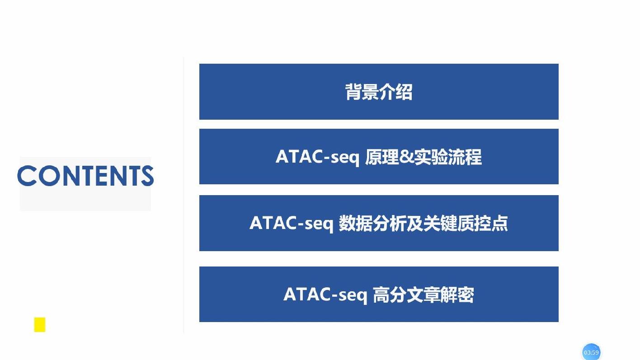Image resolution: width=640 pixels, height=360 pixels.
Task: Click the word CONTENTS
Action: tap(85, 176)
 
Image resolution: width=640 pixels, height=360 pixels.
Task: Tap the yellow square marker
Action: tap(40, 325)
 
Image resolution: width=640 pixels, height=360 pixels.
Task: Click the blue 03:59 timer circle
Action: tap(591, 352)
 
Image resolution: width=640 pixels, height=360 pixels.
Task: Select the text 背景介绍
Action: tap(379, 92)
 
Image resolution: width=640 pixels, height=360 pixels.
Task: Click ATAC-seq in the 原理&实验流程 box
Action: tap(317, 157)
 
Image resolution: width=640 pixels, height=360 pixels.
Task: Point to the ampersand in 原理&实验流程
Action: tap(406, 157)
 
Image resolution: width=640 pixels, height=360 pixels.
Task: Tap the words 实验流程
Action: tap(448, 157)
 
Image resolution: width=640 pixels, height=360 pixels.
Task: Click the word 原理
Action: tap(382, 157)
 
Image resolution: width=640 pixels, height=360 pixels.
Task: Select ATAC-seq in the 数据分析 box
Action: tap(291, 223)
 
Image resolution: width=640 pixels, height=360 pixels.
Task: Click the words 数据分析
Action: tap(372, 223)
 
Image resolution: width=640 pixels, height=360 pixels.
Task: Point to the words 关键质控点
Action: tap(466, 223)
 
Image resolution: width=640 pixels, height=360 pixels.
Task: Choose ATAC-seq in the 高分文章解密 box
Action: tap(325, 295)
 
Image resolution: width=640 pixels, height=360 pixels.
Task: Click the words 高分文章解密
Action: tap(424, 295)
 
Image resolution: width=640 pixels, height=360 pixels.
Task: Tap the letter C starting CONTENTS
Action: tap(27, 176)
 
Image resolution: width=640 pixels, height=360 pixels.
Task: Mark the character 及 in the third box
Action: tap(415, 223)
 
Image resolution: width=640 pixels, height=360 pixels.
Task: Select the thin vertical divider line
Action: tap(184, 195)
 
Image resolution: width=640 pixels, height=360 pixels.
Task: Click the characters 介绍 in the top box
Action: tap(396, 92)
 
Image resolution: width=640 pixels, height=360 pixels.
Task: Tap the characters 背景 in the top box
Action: tap(362, 92)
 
